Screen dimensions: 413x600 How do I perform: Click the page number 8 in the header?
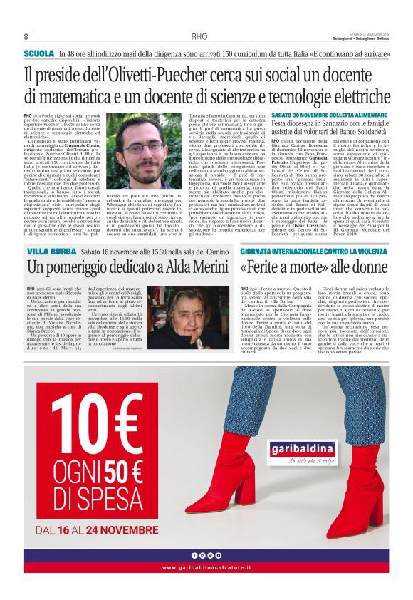(27, 37)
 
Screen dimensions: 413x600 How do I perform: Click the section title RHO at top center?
(199, 37)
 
